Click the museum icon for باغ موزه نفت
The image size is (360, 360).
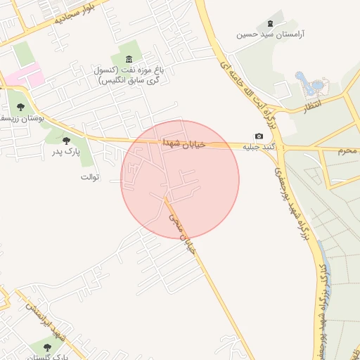128,58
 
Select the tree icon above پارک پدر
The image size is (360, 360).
66,141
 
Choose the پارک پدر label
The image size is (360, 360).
68,152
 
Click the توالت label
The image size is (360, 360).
91,177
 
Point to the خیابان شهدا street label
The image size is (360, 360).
184,143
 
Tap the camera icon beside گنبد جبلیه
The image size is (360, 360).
258,136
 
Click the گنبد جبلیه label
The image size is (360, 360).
259,147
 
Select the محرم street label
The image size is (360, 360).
348,150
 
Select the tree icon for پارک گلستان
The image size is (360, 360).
47,347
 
